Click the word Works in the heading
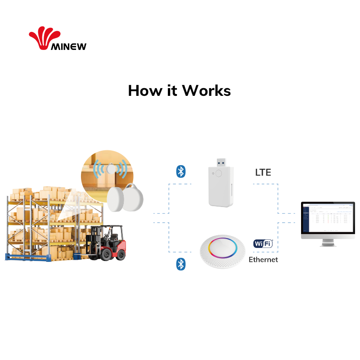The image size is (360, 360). point(206,90)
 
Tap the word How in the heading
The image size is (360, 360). point(144,90)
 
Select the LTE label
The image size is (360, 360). point(263,172)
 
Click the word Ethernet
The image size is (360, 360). point(263,260)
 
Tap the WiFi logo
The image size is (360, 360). point(263,244)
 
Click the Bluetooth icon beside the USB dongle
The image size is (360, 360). point(180,171)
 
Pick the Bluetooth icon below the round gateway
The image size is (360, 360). point(180,264)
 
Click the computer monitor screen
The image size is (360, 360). point(328,218)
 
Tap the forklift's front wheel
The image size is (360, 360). point(106,254)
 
